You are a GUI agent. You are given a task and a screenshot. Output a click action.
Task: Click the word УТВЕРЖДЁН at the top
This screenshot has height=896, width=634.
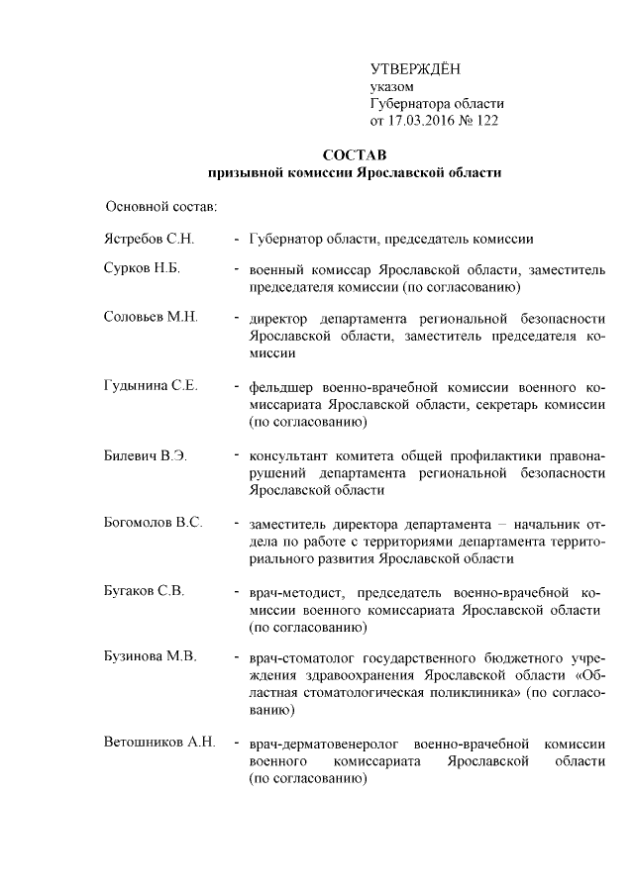tap(415, 68)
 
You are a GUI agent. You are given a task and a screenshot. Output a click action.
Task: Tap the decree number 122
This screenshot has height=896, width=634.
tap(486, 121)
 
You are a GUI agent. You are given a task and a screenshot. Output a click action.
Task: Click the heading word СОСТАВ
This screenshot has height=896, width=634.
tap(355, 155)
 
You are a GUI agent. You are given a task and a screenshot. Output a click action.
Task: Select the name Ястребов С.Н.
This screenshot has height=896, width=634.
tap(150, 239)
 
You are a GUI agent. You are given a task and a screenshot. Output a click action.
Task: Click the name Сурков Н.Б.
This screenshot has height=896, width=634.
tap(142, 269)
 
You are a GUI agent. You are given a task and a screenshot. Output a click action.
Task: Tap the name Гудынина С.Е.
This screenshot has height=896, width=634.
tap(151, 386)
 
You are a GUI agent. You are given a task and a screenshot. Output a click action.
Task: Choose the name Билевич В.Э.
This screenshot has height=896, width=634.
tap(146, 455)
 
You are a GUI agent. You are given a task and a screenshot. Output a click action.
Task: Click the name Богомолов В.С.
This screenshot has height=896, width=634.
tap(153, 522)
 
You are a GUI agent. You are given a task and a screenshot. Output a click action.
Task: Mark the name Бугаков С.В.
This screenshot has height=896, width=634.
tap(144, 591)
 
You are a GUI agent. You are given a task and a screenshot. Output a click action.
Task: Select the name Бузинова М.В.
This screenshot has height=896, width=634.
tap(150, 656)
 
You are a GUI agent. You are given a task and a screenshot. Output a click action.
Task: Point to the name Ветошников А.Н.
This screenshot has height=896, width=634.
tap(158, 743)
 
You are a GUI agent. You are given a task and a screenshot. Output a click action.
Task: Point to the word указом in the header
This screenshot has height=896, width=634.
tap(391, 87)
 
